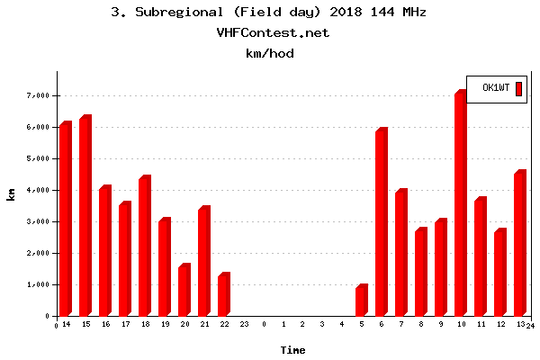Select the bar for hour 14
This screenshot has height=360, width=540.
click(x=64, y=220)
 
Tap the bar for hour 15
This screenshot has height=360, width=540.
click(x=84, y=217)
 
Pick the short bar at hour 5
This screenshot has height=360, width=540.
click(x=361, y=301)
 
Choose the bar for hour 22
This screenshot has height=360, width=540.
click(x=222, y=295)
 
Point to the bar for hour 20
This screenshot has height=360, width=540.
click(x=183, y=291)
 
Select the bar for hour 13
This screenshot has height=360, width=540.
click(x=519, y=244)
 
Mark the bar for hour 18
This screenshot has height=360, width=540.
click(x=143, y=247)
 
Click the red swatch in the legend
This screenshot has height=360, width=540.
click(x=517, y=88)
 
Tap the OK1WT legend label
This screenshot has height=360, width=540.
click(x=496, y=88)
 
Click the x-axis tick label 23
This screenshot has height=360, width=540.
click(x=244, y=324)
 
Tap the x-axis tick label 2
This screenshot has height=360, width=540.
click(x=302, y=324)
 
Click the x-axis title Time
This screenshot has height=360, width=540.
click(x=292, y=350)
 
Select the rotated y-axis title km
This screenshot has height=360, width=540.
click(x=11, y=193)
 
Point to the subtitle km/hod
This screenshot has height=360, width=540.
click(x=270, y=54)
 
